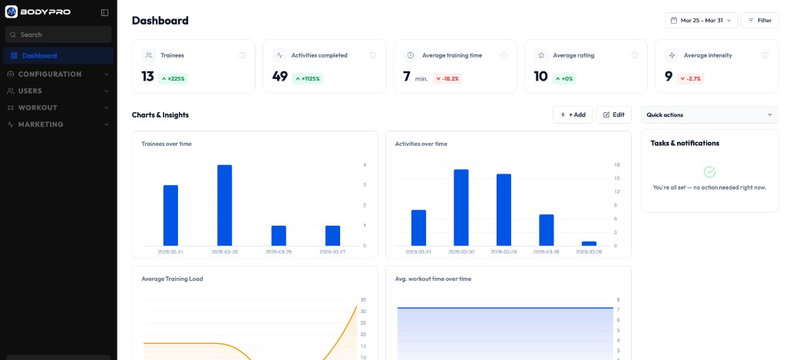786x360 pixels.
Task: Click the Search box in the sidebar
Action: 58,35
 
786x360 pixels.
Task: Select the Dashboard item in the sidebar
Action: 39,55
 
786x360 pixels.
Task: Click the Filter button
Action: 759,20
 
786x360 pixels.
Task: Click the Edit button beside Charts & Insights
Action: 613,114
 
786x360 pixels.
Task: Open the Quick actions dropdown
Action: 709,114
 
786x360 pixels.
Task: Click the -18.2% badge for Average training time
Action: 447,78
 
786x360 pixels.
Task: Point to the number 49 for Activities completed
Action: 280,77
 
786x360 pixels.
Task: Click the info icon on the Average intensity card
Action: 765,55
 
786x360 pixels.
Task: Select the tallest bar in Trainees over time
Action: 224,205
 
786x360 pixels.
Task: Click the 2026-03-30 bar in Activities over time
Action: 461,207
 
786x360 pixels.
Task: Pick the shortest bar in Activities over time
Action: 589,243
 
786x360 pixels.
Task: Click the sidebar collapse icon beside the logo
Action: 104,12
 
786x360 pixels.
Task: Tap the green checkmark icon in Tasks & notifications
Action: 709,172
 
